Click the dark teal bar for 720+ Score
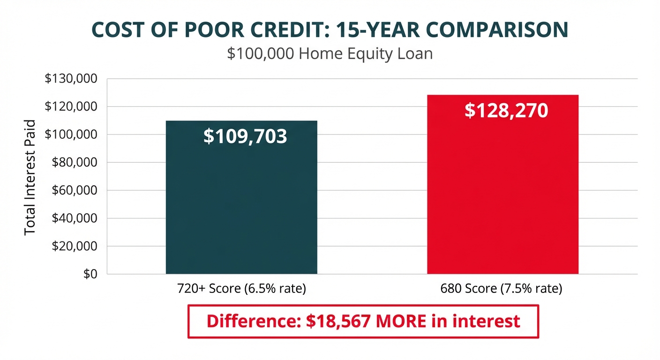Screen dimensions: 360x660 click(x=241, y=206)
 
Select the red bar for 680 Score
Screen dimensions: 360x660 click(x=502, y=197)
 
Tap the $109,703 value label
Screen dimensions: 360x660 click(x=245, y=136)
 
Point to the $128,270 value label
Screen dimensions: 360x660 click(x=506, y=111)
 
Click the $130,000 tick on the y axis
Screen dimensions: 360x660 click(x=71, y=79)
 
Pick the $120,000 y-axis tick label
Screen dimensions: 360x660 click(x=71, y=107)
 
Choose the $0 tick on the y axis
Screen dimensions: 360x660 click(x=90, y=274)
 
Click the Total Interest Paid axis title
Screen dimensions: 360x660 click(x=30, y=177)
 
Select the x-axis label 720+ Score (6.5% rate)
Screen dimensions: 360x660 click(x=241, y=288)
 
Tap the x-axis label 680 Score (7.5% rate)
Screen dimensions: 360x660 click(x=501, y=288)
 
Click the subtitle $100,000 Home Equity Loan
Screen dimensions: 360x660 click(x=330, y=53)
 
